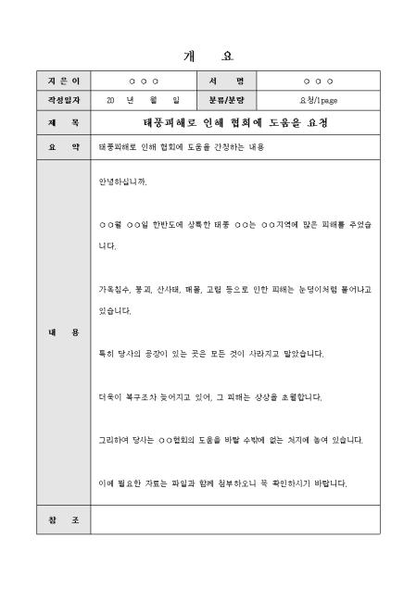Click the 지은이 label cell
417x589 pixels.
tap(64, 82)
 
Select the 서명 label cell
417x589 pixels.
tap(227, 82)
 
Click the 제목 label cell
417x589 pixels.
tap(64, 122)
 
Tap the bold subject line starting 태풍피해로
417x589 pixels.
tap(234, 122)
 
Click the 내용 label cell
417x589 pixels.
tap(64, 332)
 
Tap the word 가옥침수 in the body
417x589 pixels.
tap(116, 289)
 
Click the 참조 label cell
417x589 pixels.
tap(64, 520)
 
